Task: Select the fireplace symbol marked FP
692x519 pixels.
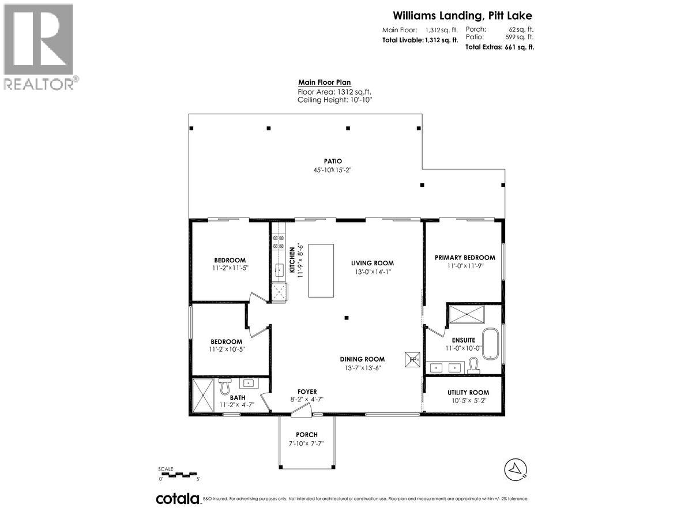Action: pos(413,359)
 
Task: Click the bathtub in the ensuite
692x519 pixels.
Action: pos(492,343)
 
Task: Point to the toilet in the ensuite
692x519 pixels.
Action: pos(473,365)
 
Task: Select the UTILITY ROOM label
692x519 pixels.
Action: pos(468,393)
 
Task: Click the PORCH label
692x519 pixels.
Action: pos(307,435)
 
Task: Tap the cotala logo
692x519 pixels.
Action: pos(178,499)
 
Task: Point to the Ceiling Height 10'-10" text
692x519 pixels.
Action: pos(335,100)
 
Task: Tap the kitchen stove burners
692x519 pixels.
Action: pos(278,241)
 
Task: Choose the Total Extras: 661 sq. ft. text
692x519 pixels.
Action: pos(499,47)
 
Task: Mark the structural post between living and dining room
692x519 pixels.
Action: pos(347,317)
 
